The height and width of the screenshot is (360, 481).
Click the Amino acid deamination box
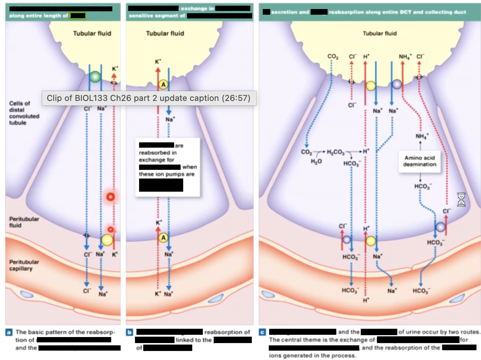[x=420, y=162]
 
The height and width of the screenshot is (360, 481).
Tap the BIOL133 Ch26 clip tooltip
[x=149, y=98]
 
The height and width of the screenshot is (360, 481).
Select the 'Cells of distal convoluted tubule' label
[x=24, y=113]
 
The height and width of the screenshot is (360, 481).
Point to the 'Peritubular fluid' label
[x=24, y=222]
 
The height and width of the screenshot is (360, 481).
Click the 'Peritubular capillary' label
[x=24, y=265]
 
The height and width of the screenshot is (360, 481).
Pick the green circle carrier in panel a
[x=95, y=77]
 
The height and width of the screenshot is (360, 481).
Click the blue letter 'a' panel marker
[x=9, y=332]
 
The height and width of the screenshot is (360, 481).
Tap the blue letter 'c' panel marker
[x=262, y=332]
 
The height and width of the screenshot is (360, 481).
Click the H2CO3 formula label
[x=335, y=152]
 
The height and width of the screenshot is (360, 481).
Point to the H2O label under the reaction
[x=316, y=161]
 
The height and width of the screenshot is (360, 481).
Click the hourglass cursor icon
[x=461, y=199]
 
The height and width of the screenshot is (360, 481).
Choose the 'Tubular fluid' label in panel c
[x=380, y=34]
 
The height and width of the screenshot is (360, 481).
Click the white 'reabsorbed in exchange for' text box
[x=167, y=167]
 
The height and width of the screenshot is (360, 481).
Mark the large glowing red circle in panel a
[x=110, y=197]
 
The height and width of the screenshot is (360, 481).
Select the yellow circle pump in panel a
[x=107, y=240]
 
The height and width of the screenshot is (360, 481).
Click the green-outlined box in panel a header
[x=78, y=16]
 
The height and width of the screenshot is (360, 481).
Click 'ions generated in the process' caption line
[x=312, y=355]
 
